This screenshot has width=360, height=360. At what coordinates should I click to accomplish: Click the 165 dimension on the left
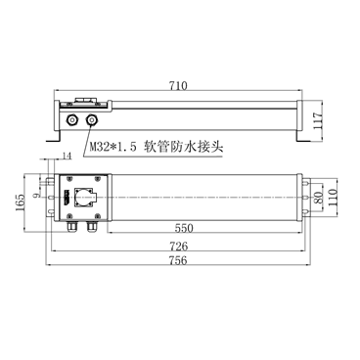[21, 202]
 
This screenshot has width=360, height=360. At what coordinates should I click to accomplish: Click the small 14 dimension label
[66, 157]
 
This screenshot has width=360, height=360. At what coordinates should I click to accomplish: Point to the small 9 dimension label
[39, 195]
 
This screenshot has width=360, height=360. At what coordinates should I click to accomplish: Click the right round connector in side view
[93, 120]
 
